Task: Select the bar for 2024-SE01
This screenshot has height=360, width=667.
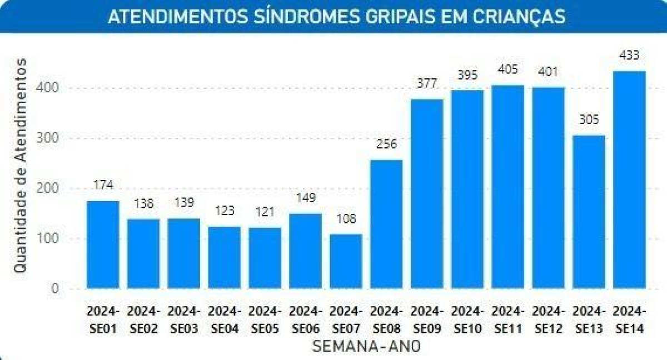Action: (103, 244)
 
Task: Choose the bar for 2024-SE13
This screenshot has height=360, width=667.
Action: (589, 212)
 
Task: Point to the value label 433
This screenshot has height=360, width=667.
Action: (629, 56)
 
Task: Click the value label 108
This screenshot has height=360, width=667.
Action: (346, 218)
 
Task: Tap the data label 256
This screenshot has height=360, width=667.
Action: (386, 144)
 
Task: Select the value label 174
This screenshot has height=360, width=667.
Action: (103, 185)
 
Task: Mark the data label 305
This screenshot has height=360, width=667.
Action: (589, 119)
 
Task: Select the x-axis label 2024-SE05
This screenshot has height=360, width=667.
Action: (265, 319)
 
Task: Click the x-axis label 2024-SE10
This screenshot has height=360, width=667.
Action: (467, 319)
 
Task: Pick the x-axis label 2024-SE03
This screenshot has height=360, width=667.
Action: (184, 319)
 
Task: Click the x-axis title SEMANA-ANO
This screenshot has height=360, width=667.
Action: (366, 346)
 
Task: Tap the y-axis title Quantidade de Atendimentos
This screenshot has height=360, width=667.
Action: (20, 165)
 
